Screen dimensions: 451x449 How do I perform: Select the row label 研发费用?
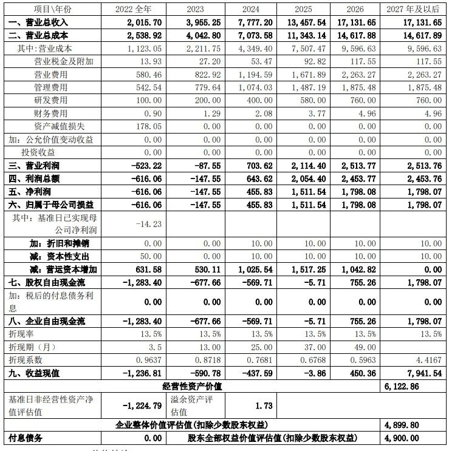[x=51, y=100]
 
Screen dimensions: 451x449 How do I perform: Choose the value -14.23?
[x=149, y=223]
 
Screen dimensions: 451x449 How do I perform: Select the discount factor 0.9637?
[x=148, y=359]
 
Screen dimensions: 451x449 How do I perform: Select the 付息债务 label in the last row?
[x=24, y=438]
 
